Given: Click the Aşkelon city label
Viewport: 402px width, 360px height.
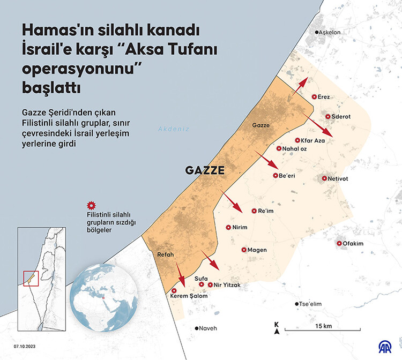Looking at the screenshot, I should (x=330, y=33).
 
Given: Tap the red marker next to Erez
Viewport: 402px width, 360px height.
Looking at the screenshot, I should (x=314, y=97).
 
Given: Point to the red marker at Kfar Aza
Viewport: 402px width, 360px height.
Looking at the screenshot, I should (x=297, y=140).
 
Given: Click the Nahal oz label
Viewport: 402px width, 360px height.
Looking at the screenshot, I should (x=294, y=148).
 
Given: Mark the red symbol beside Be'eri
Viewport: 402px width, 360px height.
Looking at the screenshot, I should (x=276, y=176).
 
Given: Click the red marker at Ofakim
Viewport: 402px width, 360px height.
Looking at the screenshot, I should (x=339, y=244).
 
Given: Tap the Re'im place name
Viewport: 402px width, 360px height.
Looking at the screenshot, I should (x=266, y=211).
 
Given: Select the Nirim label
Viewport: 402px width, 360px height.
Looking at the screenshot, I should (x=240, y=227).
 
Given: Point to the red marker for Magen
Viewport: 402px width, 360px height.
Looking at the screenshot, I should (x=243, y=250).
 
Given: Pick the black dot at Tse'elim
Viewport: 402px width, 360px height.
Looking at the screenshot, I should (x=297, y=304).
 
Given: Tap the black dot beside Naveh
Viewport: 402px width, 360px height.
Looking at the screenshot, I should (x=197, y=328).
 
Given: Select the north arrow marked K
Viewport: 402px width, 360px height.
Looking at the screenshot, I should (x=276, y=328).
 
